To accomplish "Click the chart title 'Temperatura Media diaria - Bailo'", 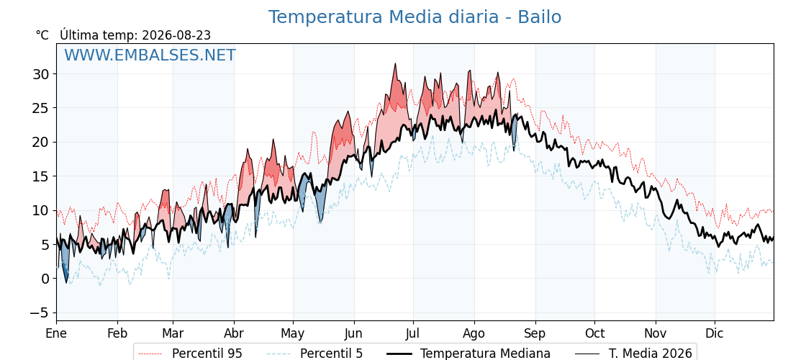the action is (x=415, y=17).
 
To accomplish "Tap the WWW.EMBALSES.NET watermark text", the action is (x=150, y=55).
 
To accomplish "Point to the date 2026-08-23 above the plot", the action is (x=176, y=35).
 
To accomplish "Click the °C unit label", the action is (x=42, y=35).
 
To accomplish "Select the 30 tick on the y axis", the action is (x=41, y=74).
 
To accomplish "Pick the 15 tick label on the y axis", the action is (x=41, y=176).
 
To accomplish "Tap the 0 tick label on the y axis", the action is (x=45, y=279).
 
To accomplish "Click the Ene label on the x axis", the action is (x=56, y=333).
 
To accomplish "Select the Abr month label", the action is (x=234, y=333).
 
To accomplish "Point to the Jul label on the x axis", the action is (x=413, y=333).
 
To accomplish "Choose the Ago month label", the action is (x=474, y=334).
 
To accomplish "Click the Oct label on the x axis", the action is (x=594, y=333).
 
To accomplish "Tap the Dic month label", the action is (x=715, y=333).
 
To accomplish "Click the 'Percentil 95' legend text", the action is (x=207, y=354).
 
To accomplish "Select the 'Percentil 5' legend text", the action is (x=332, y=354).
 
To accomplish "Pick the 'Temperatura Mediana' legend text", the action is (x=485, y=354).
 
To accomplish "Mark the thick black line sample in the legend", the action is (x=398, y=354).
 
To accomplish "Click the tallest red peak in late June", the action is (x=395, y=64).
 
